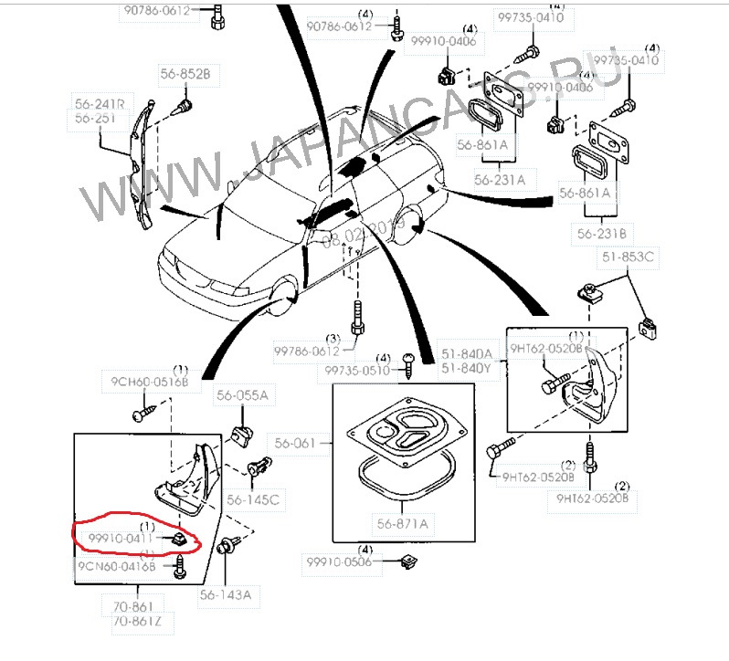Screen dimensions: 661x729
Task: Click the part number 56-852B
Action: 185,74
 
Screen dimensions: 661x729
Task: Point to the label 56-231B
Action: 598,233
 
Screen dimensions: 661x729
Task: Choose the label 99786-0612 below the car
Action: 307,351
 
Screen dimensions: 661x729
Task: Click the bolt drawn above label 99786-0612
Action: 356,319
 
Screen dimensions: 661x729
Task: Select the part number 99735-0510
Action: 358,370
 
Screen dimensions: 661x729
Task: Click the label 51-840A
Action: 467,353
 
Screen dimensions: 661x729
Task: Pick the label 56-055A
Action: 242,395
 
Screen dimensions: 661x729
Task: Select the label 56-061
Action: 301,444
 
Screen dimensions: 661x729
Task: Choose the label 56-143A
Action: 226,594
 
